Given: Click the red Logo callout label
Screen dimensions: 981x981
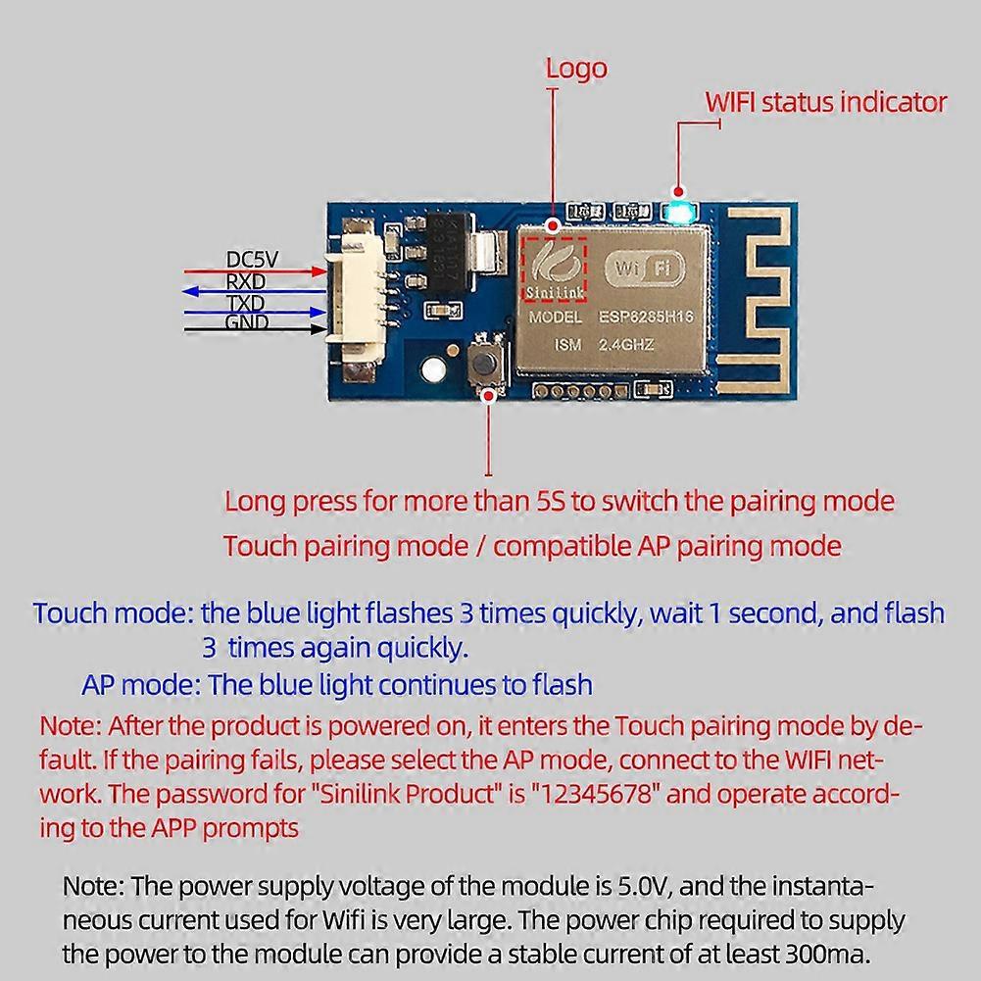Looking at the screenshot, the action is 576,69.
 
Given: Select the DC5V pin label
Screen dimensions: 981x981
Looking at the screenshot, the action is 252,260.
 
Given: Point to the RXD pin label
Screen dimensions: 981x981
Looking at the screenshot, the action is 246,281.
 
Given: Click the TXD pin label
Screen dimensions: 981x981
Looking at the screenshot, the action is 246,303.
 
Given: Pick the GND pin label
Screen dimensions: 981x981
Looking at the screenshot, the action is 247,322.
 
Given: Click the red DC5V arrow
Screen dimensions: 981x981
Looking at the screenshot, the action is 255,271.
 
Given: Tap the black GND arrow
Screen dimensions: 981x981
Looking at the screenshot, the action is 255,329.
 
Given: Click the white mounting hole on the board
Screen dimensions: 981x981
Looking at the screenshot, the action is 433,370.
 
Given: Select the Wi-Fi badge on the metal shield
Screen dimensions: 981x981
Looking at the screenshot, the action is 644,269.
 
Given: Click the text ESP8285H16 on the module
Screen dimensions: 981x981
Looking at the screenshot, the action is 646,317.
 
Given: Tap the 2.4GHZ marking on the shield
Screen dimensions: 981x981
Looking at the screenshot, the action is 626,345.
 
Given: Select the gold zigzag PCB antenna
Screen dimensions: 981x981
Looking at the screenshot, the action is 753,300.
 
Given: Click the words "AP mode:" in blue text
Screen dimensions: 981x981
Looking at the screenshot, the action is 141,685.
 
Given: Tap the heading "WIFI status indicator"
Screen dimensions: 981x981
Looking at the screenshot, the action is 826,103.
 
